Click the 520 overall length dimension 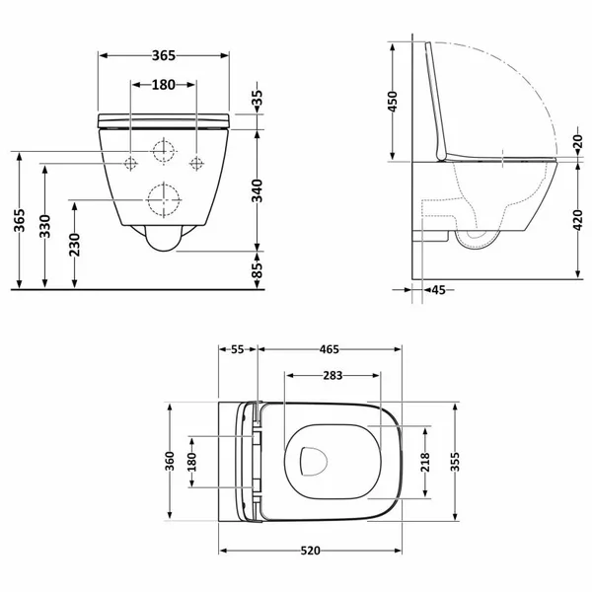(x=311, y=551)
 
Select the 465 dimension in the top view (x=330, y=349)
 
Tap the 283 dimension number (x=333, y=375)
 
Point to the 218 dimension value (x=425, y=462)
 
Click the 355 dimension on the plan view (x=455, y=462)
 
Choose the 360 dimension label (x=170, y=461)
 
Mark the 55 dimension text (x=238, y=349)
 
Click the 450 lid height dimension (x=393, y=102)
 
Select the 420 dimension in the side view (x=577, y=220)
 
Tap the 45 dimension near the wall (x=438, y=290)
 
